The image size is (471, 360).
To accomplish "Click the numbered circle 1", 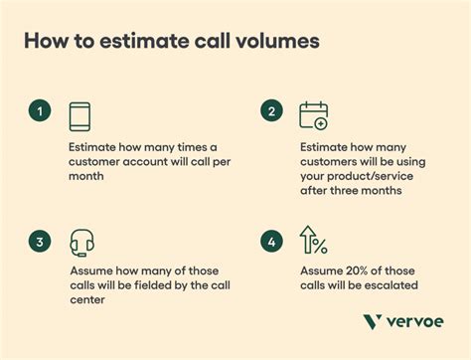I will [40, 112].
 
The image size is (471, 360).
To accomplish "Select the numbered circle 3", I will [40, 240].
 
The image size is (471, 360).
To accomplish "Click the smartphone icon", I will [81, 116].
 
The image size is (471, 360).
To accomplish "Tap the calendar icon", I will [313, 116].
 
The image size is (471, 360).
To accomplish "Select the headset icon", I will [82, 243].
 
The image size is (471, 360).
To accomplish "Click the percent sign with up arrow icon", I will [313, 242].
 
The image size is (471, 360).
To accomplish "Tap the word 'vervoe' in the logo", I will [413, 320].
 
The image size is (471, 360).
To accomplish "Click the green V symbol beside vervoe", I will [372, 320].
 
